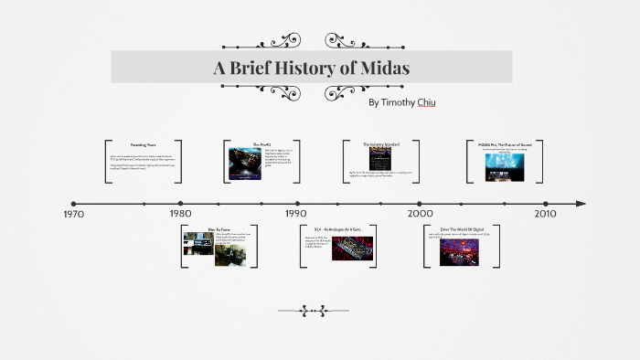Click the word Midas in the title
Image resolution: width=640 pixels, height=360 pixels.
[384, 69]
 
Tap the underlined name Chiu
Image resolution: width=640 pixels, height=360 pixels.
[425, 102]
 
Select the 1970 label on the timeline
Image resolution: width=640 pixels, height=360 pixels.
[74, 214]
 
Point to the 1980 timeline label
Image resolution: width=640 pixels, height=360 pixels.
[180, 214]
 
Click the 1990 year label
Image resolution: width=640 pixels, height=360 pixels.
[295, 214]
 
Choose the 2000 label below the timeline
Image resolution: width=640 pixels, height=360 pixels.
[420, 214]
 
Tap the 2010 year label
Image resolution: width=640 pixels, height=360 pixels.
[545, 214]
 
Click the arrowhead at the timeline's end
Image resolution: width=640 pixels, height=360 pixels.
[580, 203]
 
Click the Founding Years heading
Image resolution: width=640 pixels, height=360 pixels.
[143, 145]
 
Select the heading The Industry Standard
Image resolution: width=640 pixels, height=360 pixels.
[380, 144]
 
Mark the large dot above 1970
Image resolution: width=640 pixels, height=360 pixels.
[74, 203]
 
